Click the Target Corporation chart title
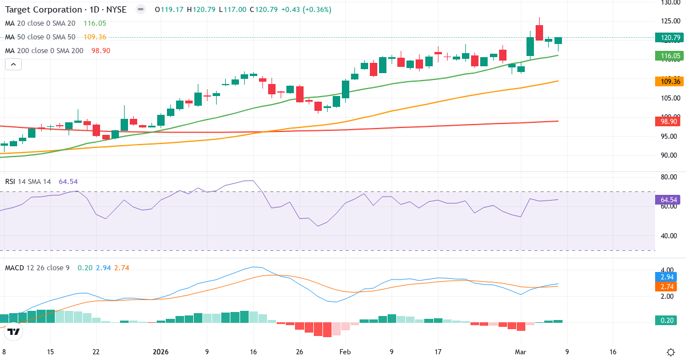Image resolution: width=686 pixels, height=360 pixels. coord(66,10)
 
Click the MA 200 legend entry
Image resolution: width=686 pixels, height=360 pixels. coord(45,51)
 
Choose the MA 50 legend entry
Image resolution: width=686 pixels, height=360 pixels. coord(40,37)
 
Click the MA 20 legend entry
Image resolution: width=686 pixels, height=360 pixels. coord(40,23)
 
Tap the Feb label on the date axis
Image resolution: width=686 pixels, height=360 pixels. coord(345,352)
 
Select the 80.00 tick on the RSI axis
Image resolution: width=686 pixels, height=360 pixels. coord(669,177)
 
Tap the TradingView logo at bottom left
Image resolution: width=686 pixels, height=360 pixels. coord(14,331)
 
